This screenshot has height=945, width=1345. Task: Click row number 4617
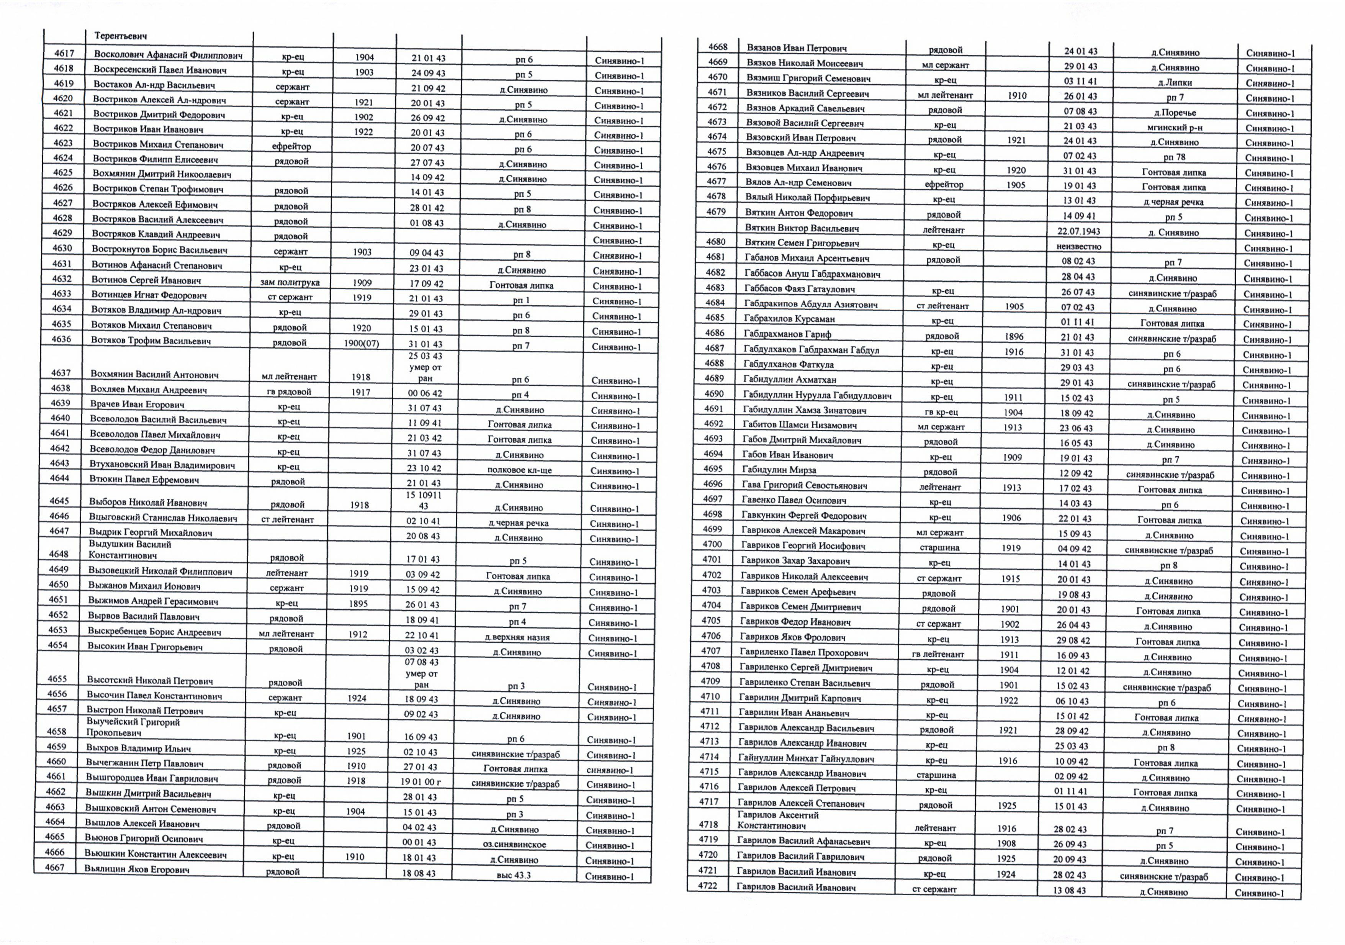tap(64, 54)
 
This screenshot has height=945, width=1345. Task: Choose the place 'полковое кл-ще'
tap(519, 470)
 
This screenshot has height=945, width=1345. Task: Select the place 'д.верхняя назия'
tap(517, 637)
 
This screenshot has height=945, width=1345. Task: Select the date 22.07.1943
tap(1078, 231)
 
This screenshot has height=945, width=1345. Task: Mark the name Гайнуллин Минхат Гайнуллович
tap(806, 759)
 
